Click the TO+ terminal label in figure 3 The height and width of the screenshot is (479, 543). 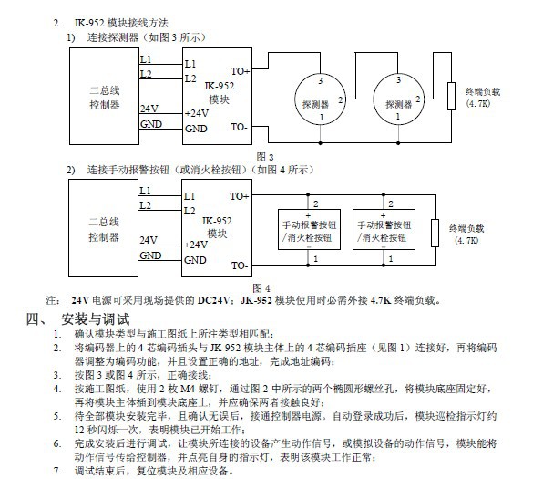pyautogui.click(x=241, y=71)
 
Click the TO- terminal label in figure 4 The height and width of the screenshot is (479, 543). pyautogui.click(x=240, y=266)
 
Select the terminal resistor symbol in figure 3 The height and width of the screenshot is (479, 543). pyautogui.click(x=451, y=96)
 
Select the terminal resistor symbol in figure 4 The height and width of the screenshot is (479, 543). pyautogui.click(x=435, y=233)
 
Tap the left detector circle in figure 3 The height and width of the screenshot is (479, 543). pyautogui.click(x=295, y=99)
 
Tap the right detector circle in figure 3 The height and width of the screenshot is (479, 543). pyautogui.click(x=374, y=99)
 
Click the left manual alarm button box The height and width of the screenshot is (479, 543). pyautogui.click(x=309, y=229)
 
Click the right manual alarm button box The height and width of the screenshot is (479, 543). pyautogui.click(x=384, y=229)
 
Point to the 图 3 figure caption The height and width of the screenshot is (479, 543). pyautogui.click(x=265, y=157)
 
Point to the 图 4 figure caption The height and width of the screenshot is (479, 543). pyautogui.click(x=261, y=288)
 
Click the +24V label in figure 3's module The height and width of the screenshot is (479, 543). pyautogui.click(x=197, y=113)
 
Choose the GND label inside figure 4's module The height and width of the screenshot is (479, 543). pyautogui.click(x=195, y=260)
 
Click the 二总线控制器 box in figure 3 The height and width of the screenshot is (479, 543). pyautogui.click(x=104, y=96)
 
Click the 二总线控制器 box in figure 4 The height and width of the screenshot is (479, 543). pyautogui.click(x=103, y=228)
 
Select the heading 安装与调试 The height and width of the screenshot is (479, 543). pyautogui.click(x=96, y=319)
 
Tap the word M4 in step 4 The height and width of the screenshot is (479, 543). pyautogui.click(x=188, y=389)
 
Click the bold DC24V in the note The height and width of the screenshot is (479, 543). pyautogui.click(x=213, y=300)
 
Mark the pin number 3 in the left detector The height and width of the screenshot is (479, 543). pyautogui.click(x=321, y=81)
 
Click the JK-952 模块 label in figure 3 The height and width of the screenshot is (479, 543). pyautogui.click(x=219, y=93)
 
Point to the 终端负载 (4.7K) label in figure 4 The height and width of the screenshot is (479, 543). pyautogui.click(x=466, y=234)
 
